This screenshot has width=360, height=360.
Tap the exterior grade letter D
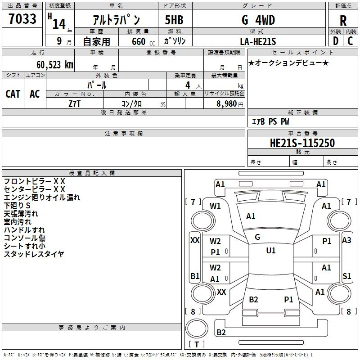point(335,40)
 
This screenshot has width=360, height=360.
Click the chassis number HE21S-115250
point(302,143)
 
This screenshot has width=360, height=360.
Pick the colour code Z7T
point(75,103)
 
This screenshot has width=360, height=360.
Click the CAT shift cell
point(13,94)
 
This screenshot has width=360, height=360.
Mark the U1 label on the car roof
point(270,251)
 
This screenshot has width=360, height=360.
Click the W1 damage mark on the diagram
point(216,206)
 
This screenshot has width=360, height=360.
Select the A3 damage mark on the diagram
point(346,240)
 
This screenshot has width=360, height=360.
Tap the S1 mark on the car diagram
point(346,276)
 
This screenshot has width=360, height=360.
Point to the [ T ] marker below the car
point(197,344)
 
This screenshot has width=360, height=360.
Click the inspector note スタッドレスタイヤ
point(34,254)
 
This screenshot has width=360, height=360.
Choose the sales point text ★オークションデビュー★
point(288,63)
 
